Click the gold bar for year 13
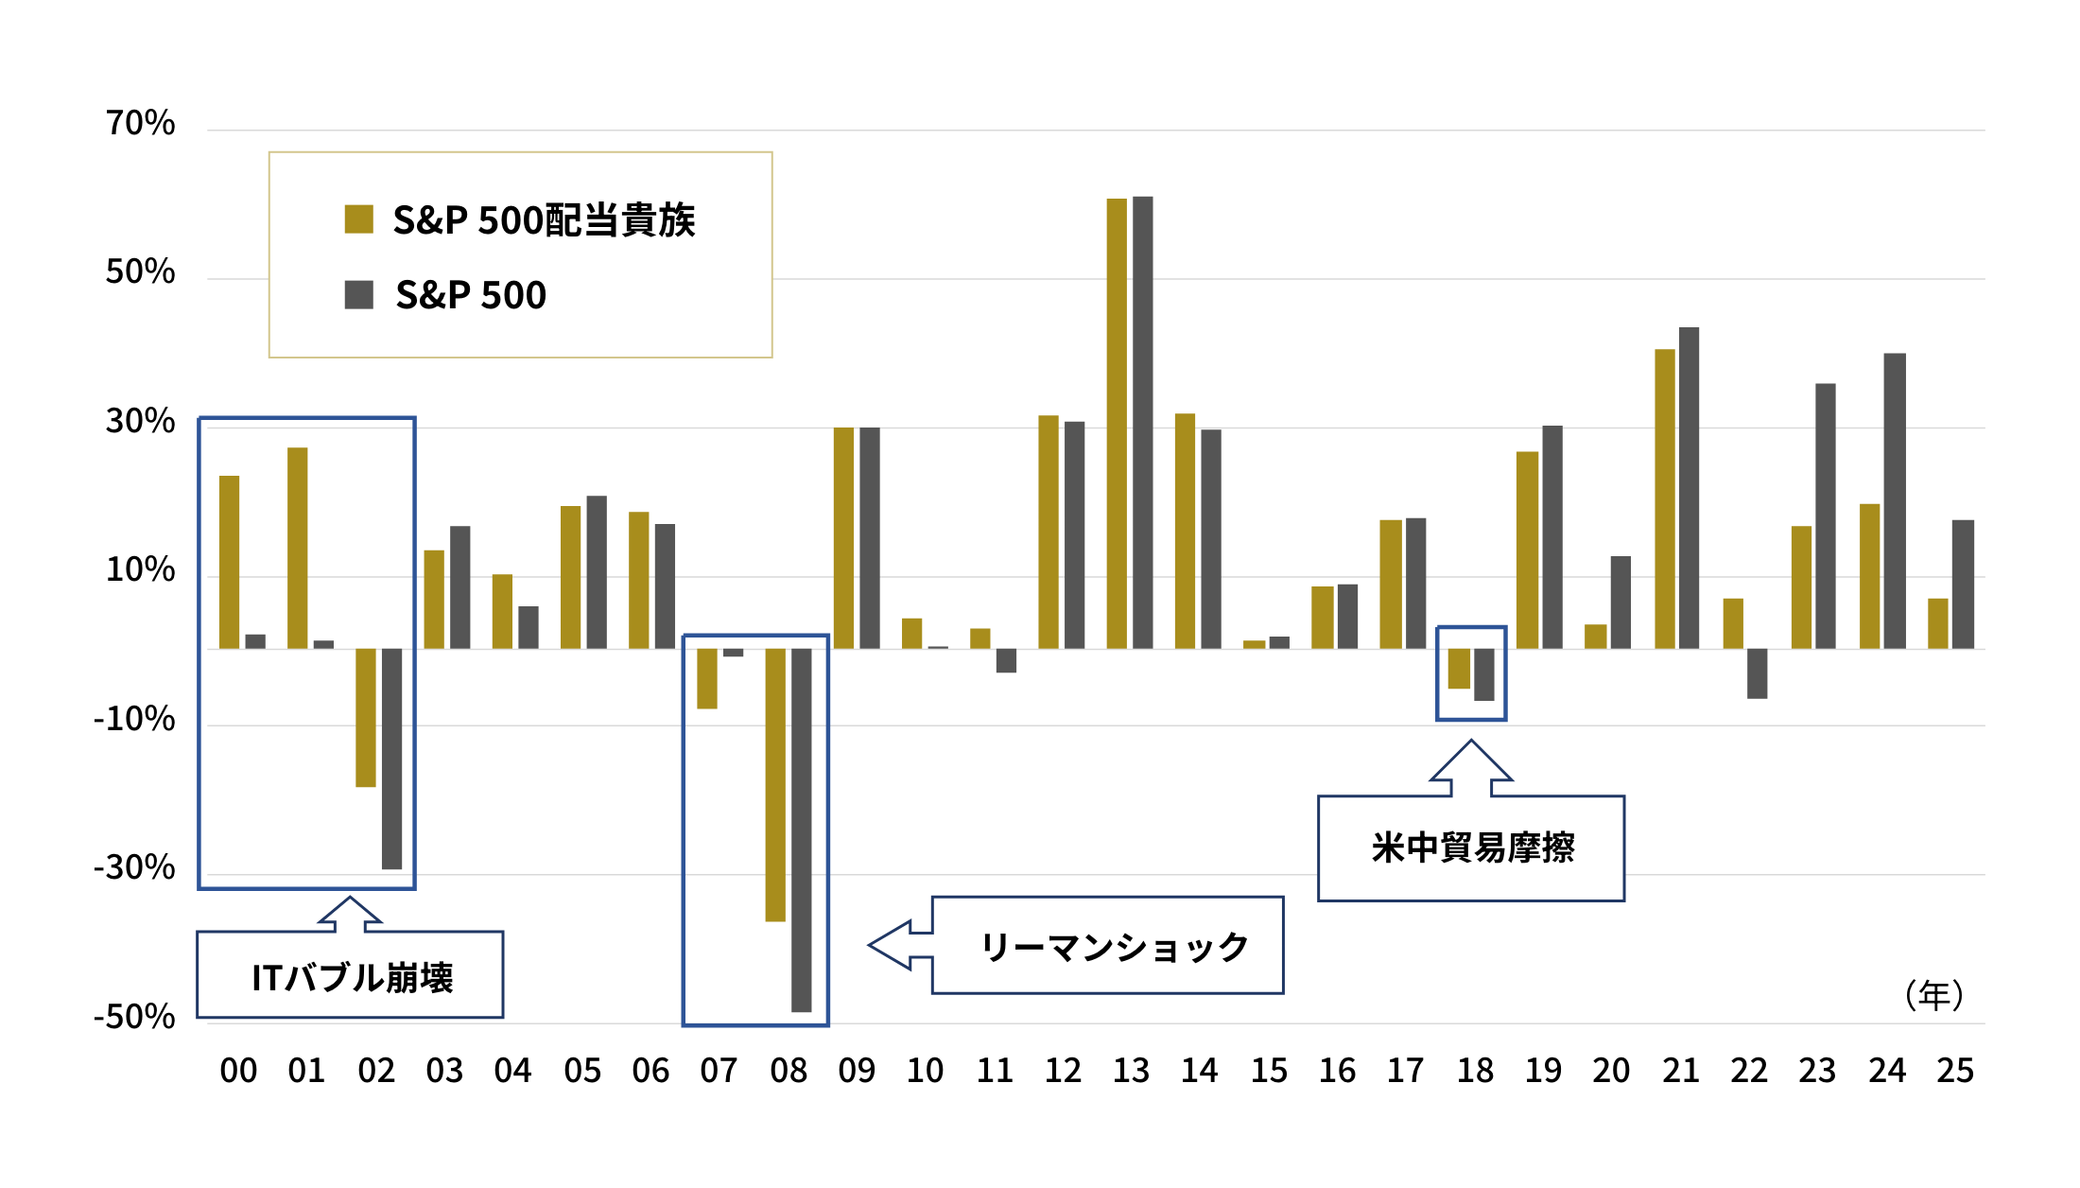tap(1117, 424)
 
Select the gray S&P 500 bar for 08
tap(801, 830)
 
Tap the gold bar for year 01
tap(297, 549)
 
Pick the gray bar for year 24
tap(1894, 501)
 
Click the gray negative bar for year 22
tap(1757, 673)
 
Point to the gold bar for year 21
tap(1664, 499)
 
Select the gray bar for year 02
tap(391, 759)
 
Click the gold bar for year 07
tap(706, 678)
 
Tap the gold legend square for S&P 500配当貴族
tap(358, 219)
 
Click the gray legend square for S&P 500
tap(358, 295)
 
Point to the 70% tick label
tap(140, 123)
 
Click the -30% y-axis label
tap(134, 867)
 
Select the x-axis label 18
tap(1475, 1071)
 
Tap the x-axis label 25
tap(1954, 1071)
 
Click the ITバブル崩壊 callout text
tap(352, 977)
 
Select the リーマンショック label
tap(1114, 946)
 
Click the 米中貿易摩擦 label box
tap(1471, 847)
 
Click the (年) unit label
tap(1933, 995)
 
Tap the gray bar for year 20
tap(1621, 603)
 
